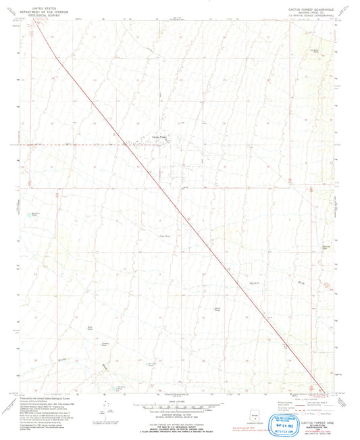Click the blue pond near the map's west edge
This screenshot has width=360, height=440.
pyautogui.click(x=28, y=214)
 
